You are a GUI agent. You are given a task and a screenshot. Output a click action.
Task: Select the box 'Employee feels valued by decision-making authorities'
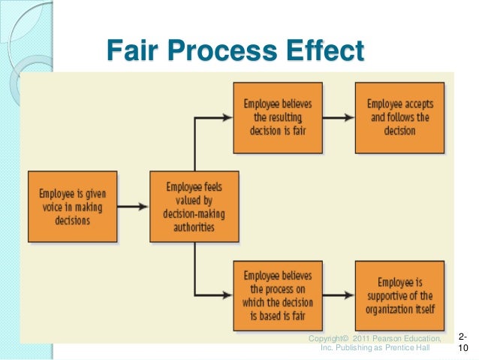(x=194, y=207)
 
